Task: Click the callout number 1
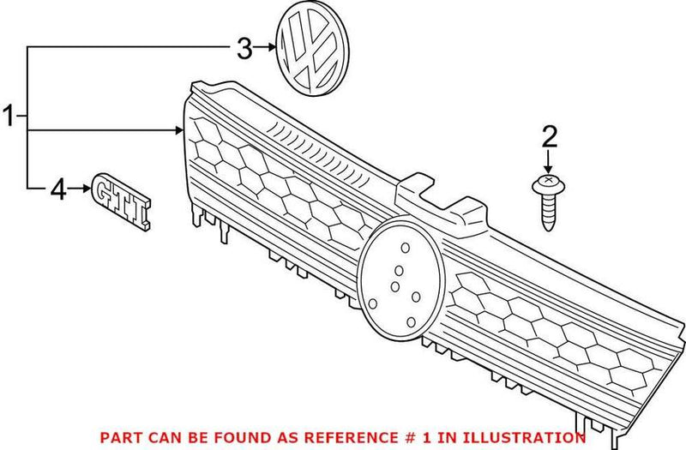tap(9, 116)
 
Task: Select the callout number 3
tap(244, 49)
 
